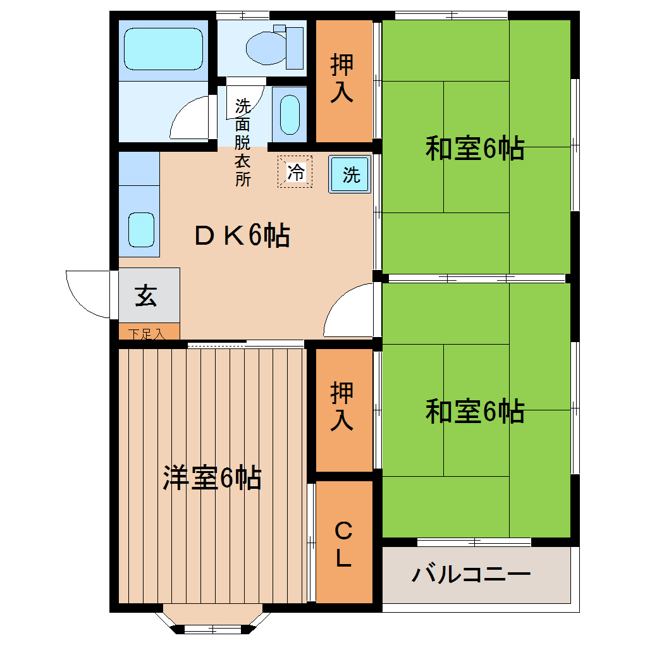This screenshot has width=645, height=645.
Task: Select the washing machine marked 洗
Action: [x=350, y=174]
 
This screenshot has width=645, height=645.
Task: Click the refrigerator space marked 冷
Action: [x=295, y=171]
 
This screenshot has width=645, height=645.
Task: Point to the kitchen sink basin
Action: [x=141, y=229]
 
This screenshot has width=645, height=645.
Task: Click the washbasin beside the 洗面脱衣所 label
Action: [x=289, y=114]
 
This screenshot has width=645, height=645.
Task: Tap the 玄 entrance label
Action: [x=146, y=295]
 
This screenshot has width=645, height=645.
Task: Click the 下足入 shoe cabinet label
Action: [x=147, y=333]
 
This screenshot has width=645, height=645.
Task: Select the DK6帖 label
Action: [x=242, y=236]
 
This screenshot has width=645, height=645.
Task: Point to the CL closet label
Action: [x=343, y=544]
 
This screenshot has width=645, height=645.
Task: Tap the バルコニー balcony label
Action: [x=470, y=575]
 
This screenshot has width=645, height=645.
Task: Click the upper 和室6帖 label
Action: [x=474, y=149]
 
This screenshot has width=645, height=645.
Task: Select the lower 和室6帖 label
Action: [x=474, y=411]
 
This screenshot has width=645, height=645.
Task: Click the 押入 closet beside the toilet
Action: [x=342, y=79]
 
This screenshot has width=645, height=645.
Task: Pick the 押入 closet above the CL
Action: [x=342, y=408]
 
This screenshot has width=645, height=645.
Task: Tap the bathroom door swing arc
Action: [x=187, y=116]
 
